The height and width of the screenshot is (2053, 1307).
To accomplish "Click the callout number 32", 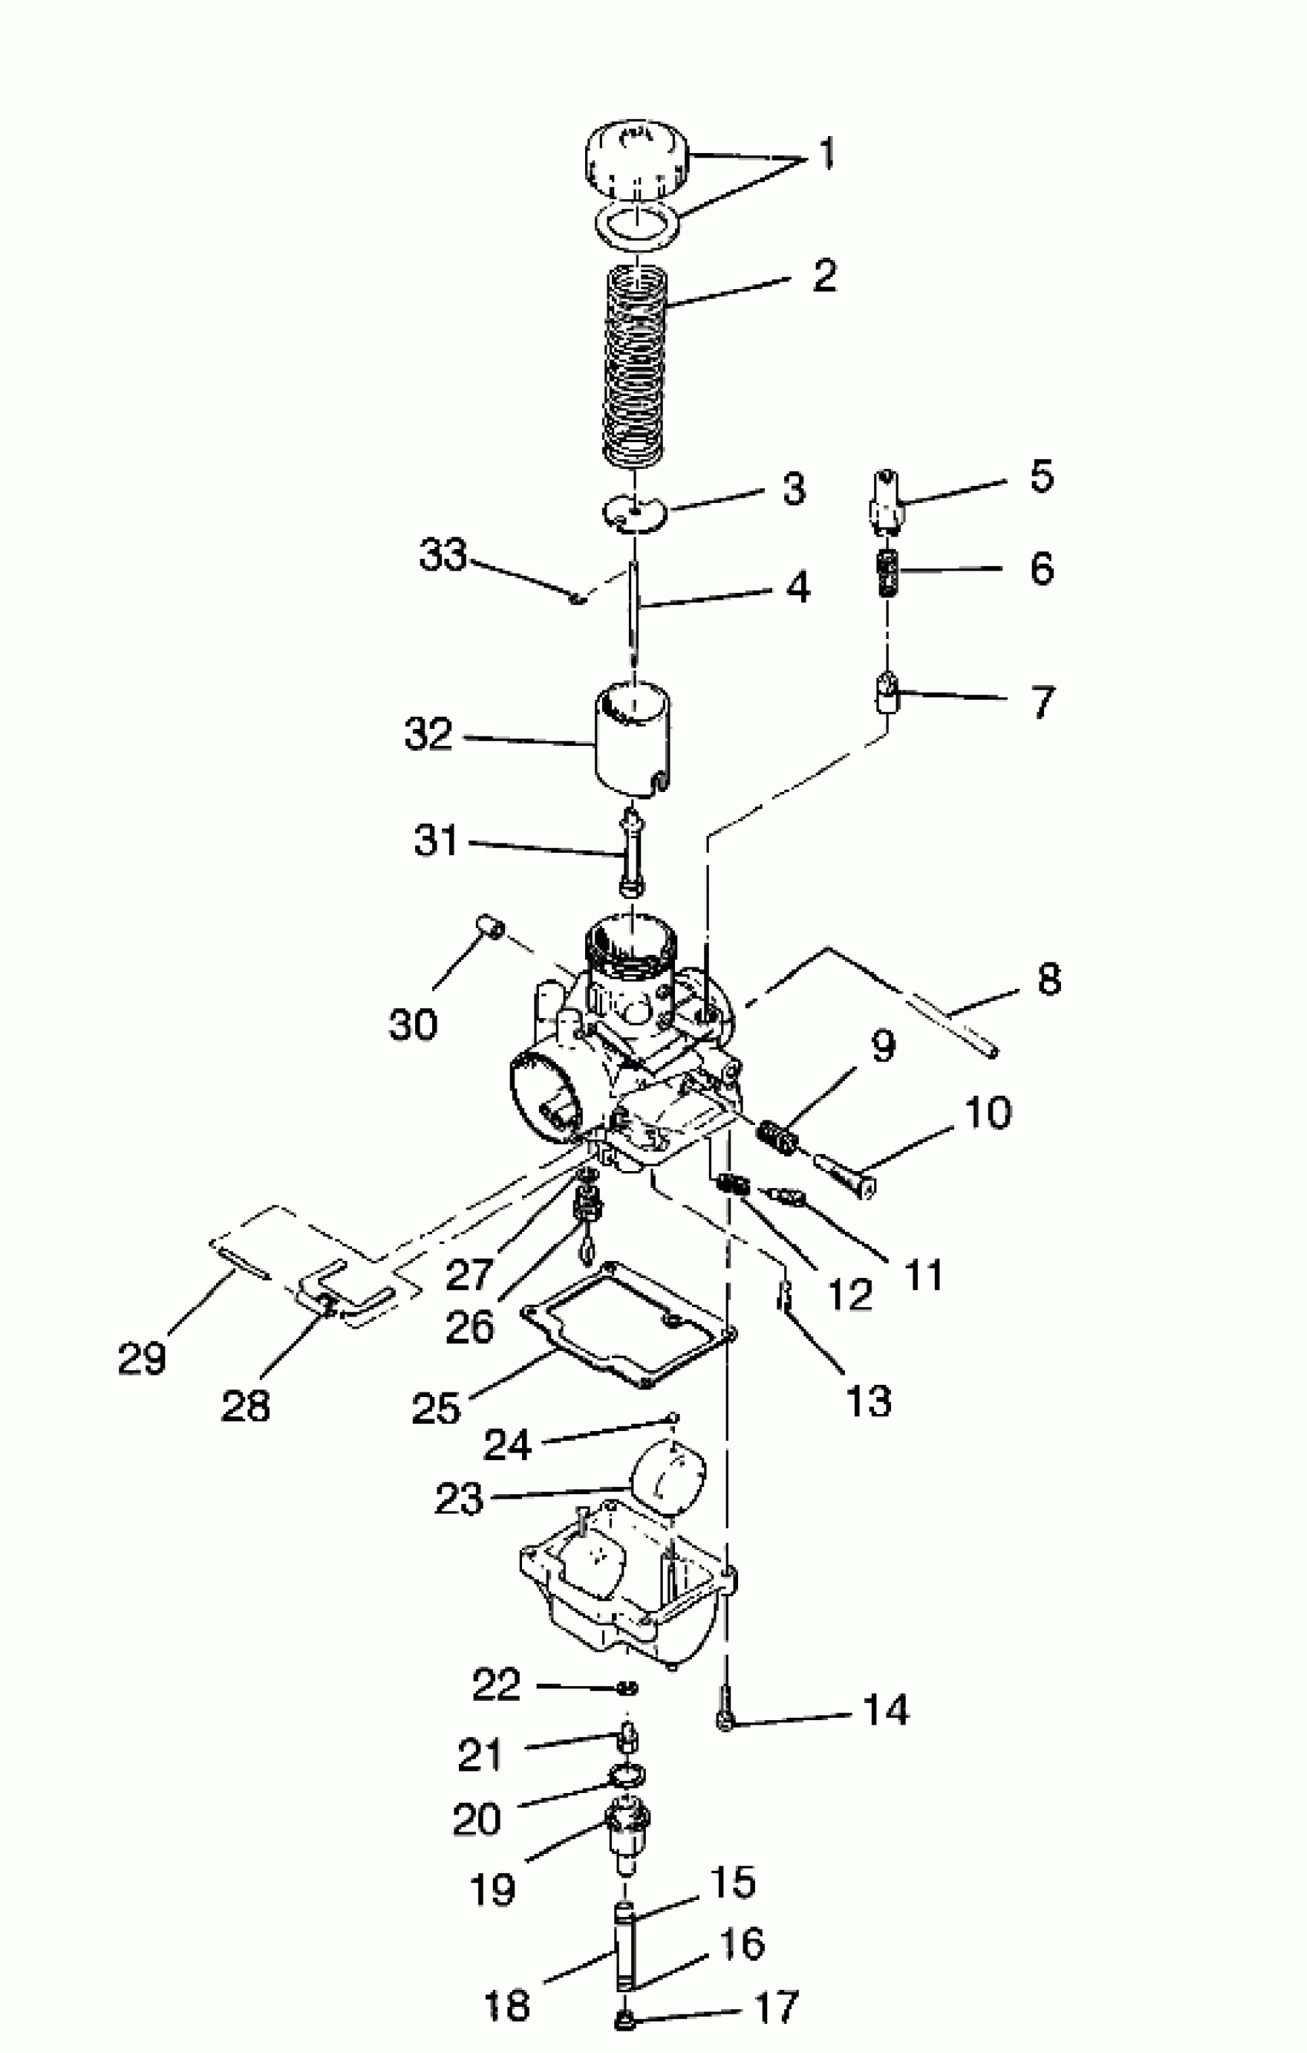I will click(427, 734).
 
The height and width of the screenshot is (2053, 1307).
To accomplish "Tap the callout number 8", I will click(1049, 979).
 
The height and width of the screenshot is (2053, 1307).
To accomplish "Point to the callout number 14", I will click(886, 1727).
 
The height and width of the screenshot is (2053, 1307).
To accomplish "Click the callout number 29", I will click(141, 1358).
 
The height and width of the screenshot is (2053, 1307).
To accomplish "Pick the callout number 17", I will click(777, 2008).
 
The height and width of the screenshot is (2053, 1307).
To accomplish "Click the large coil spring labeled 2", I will click(634, 367).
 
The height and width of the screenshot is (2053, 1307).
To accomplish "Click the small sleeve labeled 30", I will click(491, 926).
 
